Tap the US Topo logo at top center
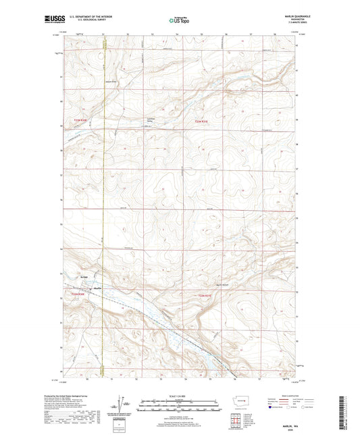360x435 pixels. pyautogui.click(x=179, y=20)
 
